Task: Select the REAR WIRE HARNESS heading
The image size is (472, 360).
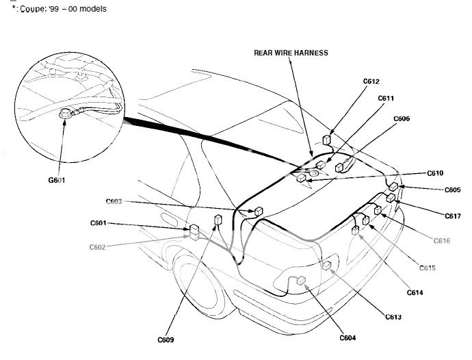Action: [291, 53]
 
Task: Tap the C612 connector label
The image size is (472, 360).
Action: [371, 81]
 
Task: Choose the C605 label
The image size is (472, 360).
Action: [452, 190]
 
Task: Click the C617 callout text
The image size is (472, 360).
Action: [452, 216]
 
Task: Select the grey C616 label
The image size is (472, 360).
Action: [441, 240]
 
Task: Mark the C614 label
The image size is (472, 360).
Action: [414, 292]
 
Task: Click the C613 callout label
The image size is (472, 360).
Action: [393, 317]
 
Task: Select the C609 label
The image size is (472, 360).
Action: [166, 339]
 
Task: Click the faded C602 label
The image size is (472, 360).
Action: [98, 246]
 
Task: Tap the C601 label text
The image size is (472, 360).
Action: [99, 223]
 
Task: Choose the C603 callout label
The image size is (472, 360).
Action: [114, 201]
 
